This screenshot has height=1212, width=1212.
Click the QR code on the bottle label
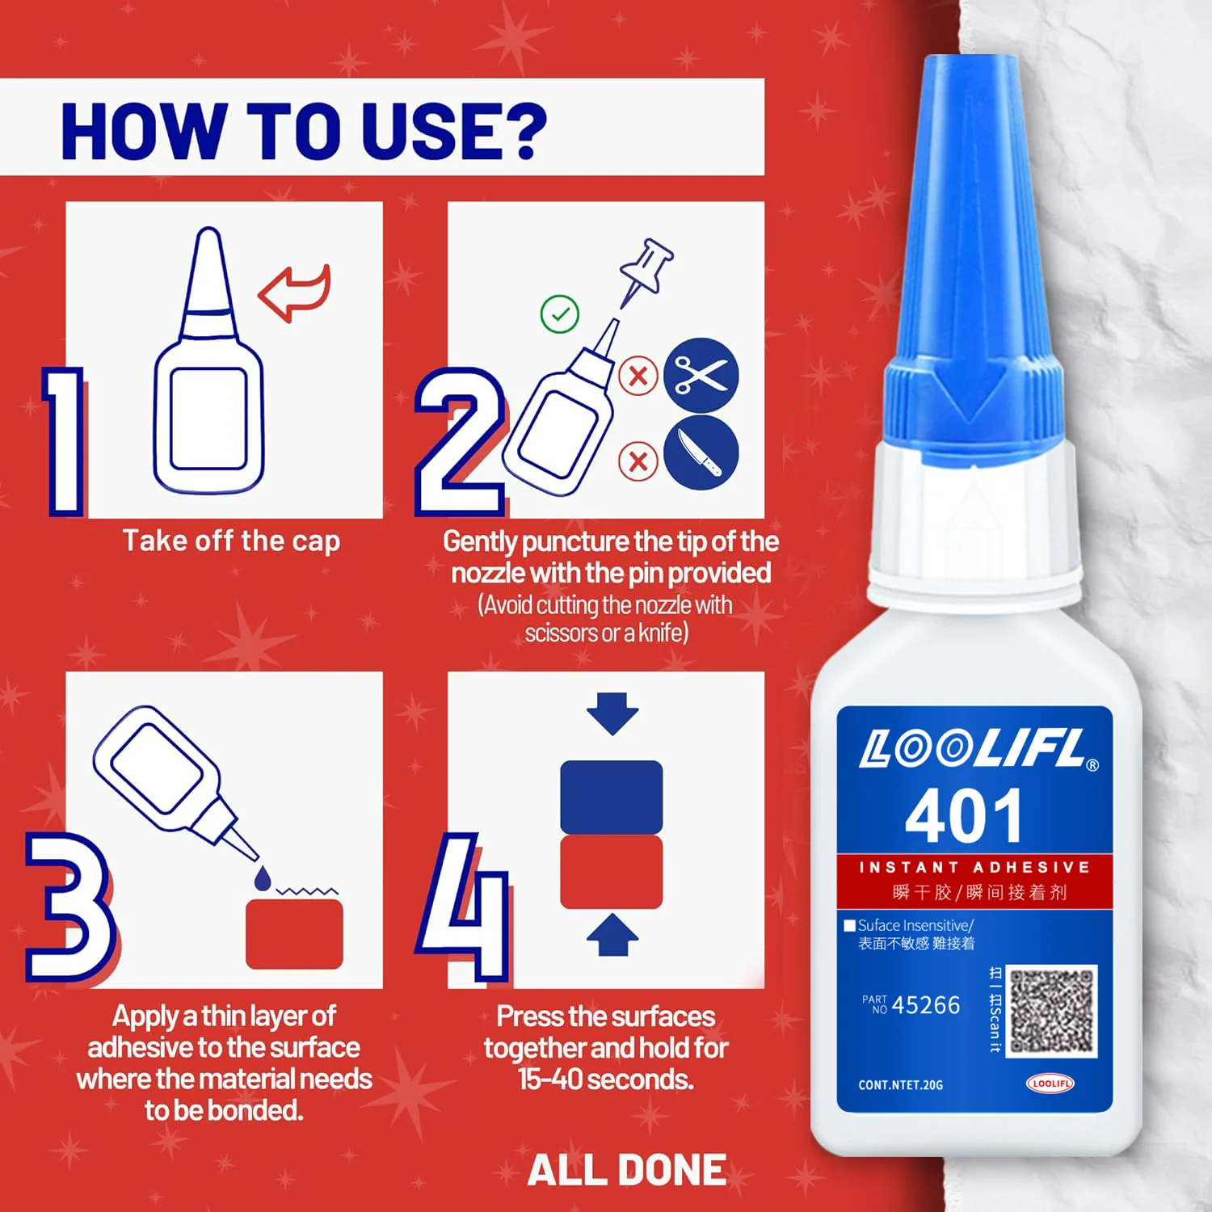[x=1052, y=1012]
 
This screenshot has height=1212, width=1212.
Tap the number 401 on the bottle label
[x=963, y=816]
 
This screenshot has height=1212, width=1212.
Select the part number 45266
[x=926, y=1005]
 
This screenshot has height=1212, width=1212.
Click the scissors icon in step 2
[x=701, y=376]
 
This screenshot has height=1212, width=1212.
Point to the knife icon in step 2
[x=701, y=452]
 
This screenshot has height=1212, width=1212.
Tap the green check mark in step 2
[x=559, y=314]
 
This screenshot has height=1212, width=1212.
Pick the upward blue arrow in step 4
[x=612, y=935]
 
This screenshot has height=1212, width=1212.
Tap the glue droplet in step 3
[x=263, y=877]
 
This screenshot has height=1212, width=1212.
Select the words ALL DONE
[x=627, y=1170]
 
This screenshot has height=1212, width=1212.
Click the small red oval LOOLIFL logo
[x=1050, y=1084]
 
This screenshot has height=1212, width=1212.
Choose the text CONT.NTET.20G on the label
[x=900, y=1085]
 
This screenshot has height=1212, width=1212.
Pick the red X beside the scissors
[x=638, y=377]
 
